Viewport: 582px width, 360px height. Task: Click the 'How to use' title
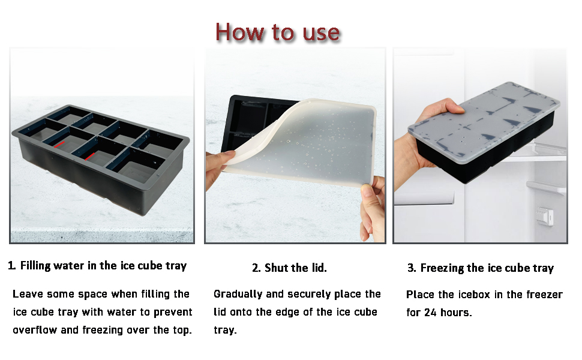click(277, 31)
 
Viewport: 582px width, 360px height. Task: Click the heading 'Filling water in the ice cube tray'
click(103, 266)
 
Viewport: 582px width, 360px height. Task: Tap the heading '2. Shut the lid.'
click(289, 268)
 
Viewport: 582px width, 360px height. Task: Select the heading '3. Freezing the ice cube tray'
click(480, 268)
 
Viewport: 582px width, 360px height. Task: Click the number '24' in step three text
click(430, 313)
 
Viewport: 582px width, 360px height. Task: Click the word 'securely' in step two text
click(294, 294)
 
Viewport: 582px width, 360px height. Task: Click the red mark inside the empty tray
click(61, 143)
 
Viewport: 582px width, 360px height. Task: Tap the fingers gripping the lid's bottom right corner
click(372, 207)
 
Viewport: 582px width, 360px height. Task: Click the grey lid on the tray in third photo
click(486, 114)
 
